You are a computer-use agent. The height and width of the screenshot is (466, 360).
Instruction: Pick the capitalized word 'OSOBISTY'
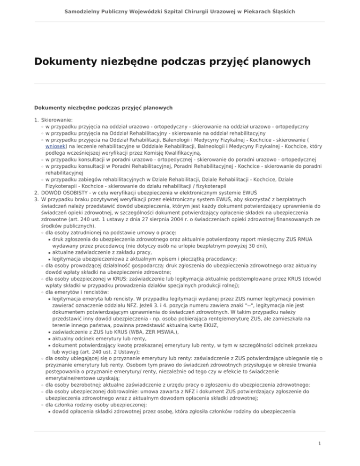coord(82,192)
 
